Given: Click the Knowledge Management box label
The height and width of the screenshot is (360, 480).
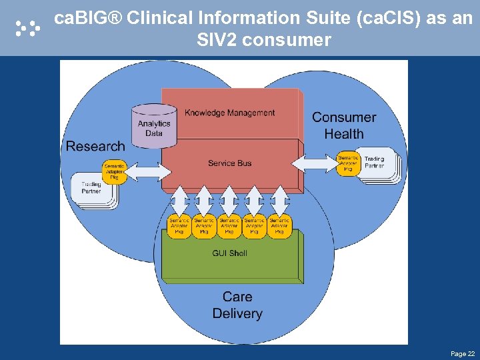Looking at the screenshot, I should [229, 113].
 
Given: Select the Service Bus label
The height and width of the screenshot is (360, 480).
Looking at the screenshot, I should [229, 163].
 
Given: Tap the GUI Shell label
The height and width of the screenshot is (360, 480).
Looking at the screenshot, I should [229, 253].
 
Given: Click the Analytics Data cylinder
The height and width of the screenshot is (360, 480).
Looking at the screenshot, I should [154, 127].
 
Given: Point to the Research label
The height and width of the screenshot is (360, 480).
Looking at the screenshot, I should [95, 146].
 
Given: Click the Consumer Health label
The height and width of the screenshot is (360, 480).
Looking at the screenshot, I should [344, 125].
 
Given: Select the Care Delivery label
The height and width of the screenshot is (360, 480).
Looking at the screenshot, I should [237, 305].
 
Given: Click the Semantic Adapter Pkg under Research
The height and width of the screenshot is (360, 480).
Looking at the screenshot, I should [114, 172].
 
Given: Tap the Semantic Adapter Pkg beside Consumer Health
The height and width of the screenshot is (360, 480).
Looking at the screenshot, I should [348, 164].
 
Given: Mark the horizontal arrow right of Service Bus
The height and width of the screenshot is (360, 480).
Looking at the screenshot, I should [315, 162].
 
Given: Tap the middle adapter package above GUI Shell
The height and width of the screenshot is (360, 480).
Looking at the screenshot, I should [229, 225].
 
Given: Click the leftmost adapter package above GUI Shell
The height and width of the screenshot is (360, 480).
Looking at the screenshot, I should [179, 225].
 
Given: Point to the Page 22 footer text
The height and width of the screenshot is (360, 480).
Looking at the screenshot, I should [463, 353].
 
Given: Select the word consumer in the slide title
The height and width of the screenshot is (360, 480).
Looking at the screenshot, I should [287, 40].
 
